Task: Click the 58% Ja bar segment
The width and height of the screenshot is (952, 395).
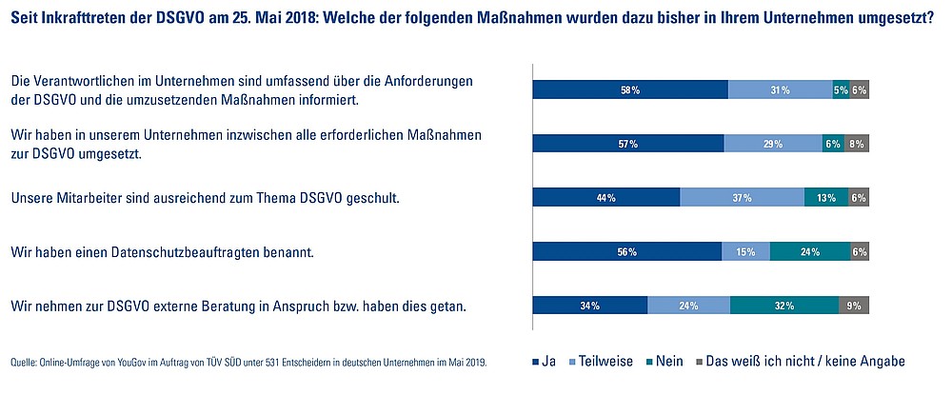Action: (x=629, y=90)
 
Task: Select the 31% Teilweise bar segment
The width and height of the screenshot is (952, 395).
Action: (x=780, y=90)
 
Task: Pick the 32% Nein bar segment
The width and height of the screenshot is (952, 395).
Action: (x=784, y=306)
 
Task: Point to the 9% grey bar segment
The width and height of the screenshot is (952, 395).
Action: (x=854, y=306)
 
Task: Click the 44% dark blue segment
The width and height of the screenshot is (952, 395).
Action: (x=605, y=198)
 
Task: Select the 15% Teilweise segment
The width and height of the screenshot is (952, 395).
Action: (x=745, y=252)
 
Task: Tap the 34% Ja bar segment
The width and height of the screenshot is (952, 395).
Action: (x=589, y=306)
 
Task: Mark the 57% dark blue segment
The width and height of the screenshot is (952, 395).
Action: (x=628, y=144)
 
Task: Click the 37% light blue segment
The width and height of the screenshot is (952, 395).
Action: (x=742, y=198)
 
